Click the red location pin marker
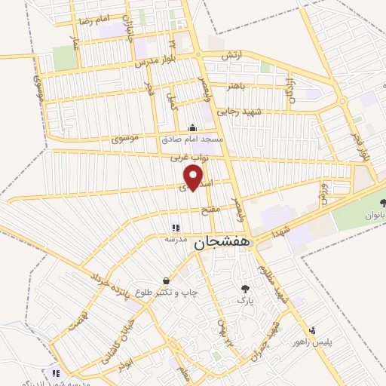194,176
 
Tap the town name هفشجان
221,244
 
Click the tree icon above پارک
245,288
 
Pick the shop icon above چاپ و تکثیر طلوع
164,280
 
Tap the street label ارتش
229,57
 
